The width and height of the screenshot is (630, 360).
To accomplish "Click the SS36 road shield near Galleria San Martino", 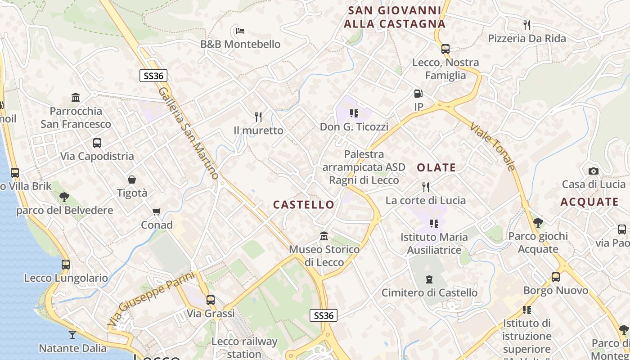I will pyautogui.click(x=153, y=76).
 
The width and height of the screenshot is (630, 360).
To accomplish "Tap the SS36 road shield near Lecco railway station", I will pyautogui.click(x=324, y=315).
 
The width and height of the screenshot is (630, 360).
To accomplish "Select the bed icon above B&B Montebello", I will pyautogui.click(x=240, y=31).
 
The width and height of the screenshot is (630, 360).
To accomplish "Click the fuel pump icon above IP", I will pyautogui.click(x=418, y=94).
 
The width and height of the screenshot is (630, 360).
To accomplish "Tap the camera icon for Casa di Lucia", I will pyautogui.click(x=594, y=171).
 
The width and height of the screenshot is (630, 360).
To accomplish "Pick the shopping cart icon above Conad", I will pyautogui.click(x=157, y=211).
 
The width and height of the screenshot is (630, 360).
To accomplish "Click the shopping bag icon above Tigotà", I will pyautogui.click(x=132, y=180).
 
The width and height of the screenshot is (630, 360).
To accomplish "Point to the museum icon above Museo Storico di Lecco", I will pyautogui.click(x=324, y=236).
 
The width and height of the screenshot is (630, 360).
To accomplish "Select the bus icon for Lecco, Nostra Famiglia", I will pyautogui.click(x=445, y=49).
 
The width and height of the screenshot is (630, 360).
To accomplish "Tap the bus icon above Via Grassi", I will pyautogui.click(x=211, y=300).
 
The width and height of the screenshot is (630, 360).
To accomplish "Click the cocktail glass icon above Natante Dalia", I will pyautogui.click(x=72, y=334).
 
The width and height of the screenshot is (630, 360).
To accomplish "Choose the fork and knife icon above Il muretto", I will pyautogui.click(x=258, y=117).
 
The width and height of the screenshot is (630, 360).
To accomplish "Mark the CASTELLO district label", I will pyautogui.click(x=304, y=205).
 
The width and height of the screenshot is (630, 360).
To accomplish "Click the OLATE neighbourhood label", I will pyautogui.click(x=436, y=168).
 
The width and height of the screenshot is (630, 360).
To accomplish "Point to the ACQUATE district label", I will pyautogui.click(x=589, y=202).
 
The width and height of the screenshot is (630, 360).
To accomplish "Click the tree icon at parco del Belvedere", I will pyautogui.click(x=64, y=197).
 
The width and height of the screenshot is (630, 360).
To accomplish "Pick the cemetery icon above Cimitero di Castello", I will pyautogui.click(x=429, y=279).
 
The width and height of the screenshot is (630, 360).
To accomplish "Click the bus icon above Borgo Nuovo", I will pyautogui.click(x=556, y=277).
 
